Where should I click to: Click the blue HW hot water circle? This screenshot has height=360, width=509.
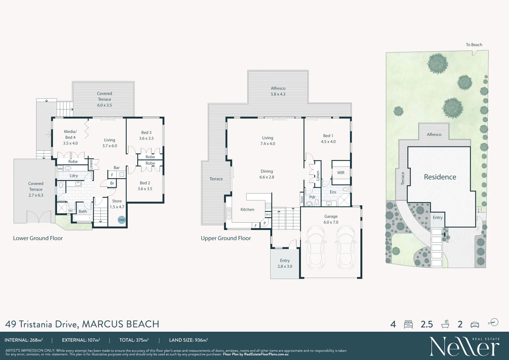tap(122, 220)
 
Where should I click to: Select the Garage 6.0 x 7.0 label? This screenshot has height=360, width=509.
tap(331, 219)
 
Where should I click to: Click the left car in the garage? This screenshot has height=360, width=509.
tap(315, 247)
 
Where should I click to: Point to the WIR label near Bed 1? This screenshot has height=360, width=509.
tap(341, 173)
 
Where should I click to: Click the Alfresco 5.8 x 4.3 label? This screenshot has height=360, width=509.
tap(278, 91)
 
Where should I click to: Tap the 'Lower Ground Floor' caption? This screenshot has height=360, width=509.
tap(38, 238)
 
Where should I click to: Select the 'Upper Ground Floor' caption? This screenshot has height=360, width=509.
tap(226, 238)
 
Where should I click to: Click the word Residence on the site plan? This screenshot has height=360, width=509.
tap(440, 177)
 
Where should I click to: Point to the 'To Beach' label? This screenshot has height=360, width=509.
tap(474, 45)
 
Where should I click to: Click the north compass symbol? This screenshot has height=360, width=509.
tap(494, 322)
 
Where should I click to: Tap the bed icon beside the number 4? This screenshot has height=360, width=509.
tap(408, 324)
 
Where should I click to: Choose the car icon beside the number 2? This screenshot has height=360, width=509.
tap(475, 324)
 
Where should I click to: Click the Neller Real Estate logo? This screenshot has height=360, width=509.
tap(464, 346)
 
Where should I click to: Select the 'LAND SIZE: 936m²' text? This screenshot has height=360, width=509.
tap(188, 340)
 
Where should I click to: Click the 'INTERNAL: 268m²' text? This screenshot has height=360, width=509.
tap(24, 340)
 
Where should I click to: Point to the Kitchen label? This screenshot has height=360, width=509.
tap(247, 210)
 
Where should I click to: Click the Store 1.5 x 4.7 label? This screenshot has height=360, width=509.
tap(117, 204)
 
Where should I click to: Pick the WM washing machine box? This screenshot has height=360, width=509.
tap(60, 169)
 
